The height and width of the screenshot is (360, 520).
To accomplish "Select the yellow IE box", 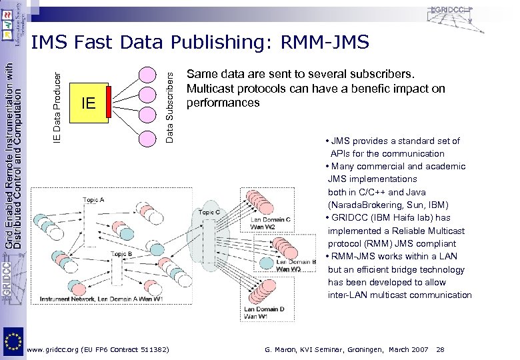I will tap(89, 103).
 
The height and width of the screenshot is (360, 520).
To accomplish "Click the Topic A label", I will tap(93, 199).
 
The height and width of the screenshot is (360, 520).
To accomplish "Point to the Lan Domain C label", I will tap(271, 220).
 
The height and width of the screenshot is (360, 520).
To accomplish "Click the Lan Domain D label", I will tap(264, 309).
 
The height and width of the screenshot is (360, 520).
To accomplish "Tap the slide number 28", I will tap(439, 349).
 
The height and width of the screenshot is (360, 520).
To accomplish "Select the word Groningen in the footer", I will tap(371, 349).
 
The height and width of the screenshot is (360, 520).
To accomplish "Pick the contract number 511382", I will tap(153, 349).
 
